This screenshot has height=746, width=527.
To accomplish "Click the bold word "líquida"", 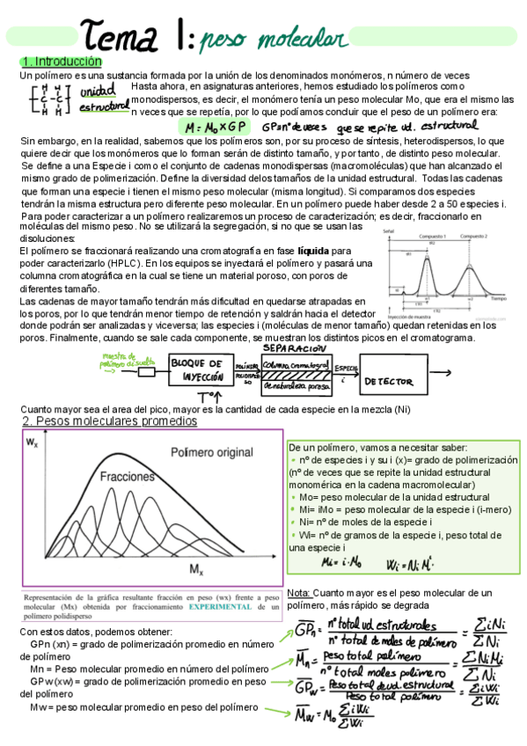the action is (314, 251).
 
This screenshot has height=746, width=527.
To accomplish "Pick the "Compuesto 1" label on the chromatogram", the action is (428, 237).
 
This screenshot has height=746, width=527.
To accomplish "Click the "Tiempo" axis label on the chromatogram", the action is (501, 299).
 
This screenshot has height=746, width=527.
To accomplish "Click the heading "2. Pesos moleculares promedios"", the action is (109, 421).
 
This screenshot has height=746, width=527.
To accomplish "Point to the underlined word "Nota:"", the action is (299, 593).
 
